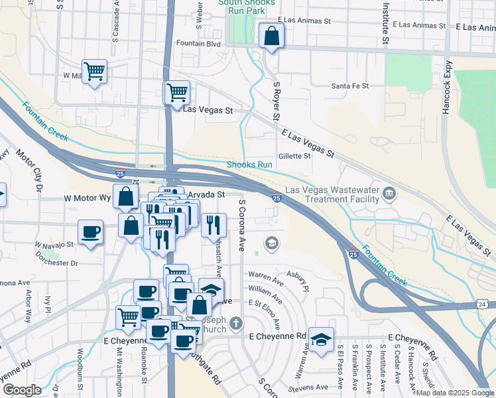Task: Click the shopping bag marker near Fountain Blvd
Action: tap(271, 36)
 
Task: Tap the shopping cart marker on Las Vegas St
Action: tap(177, 93)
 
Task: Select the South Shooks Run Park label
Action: tap(247, 7)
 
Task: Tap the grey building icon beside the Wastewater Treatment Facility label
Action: tap(389, 194)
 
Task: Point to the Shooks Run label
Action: tap(250, 165)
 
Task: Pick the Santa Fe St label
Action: tap(349, 86)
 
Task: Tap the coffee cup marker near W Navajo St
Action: tap(90, 232)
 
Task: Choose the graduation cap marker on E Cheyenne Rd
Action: tap(321, 340)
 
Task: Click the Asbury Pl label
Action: tap(298, 280)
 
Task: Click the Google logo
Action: tap(22, 390)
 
